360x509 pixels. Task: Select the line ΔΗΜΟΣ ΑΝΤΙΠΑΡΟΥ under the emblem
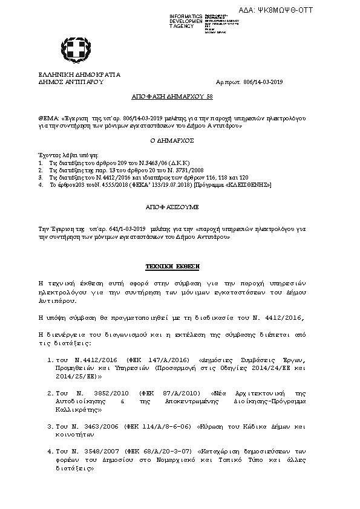tap(71, 82)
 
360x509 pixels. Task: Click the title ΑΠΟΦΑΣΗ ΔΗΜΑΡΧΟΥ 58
tap(163, 97)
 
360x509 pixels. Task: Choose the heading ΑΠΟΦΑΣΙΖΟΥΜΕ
tap(172, 207)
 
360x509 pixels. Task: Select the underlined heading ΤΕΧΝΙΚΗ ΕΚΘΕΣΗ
tap(172, 266)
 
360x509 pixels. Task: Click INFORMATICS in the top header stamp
tap(186, 15)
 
